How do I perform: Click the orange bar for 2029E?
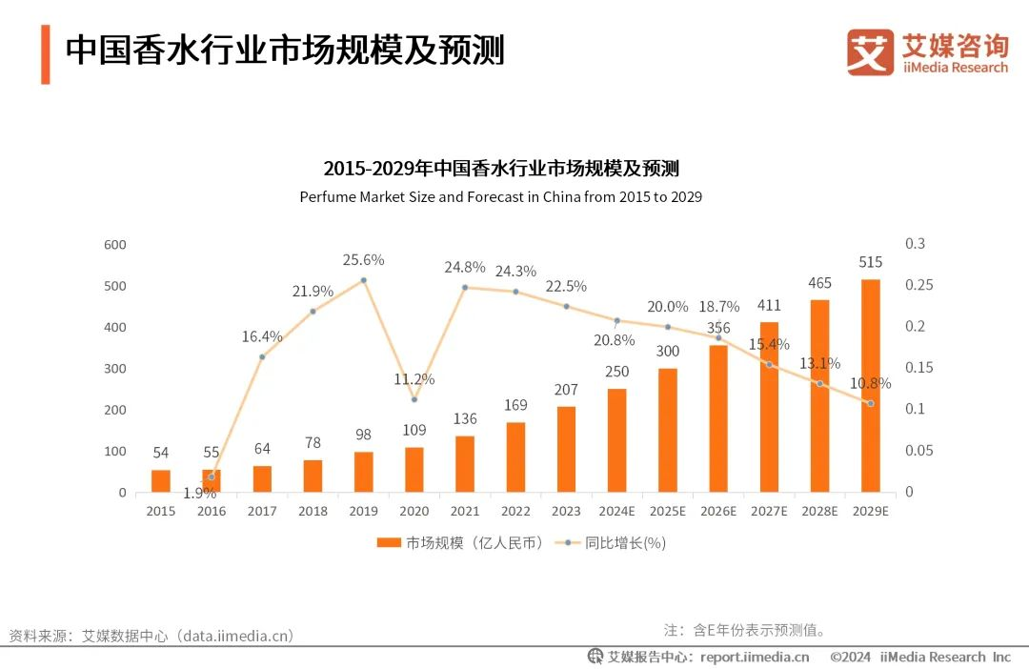[870, 385]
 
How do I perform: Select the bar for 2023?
[566, 449]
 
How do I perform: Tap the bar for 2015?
[161, 480]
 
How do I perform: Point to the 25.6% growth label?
[364, 259]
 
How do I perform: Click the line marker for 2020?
[414, 399]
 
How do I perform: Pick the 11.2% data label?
[414, 379]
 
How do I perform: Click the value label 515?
[870, 262]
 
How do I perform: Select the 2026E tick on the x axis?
[718, 511]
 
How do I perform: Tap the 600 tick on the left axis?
[115, 245]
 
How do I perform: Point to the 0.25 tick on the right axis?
[916, 286]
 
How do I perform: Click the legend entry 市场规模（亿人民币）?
[460, 542]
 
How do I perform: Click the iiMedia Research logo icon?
[870, 52]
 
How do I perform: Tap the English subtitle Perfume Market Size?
[500, 197]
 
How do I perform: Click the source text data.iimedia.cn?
[237, 636]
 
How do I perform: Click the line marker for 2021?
[465, 287]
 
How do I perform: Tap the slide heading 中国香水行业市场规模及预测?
[284, 51]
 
